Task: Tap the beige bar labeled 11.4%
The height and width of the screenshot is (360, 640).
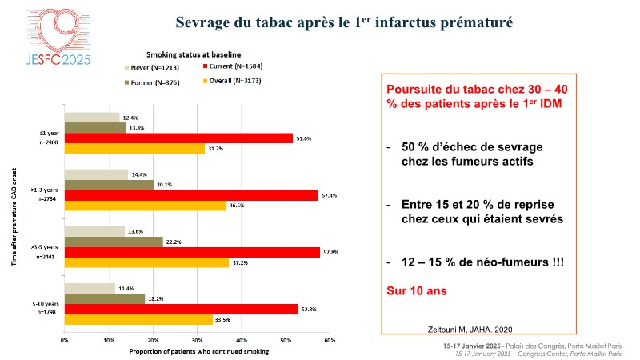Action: pyautogui.click(x=90, y=288)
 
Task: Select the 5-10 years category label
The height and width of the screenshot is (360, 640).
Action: pyautogui.click(x=44, y=304)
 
